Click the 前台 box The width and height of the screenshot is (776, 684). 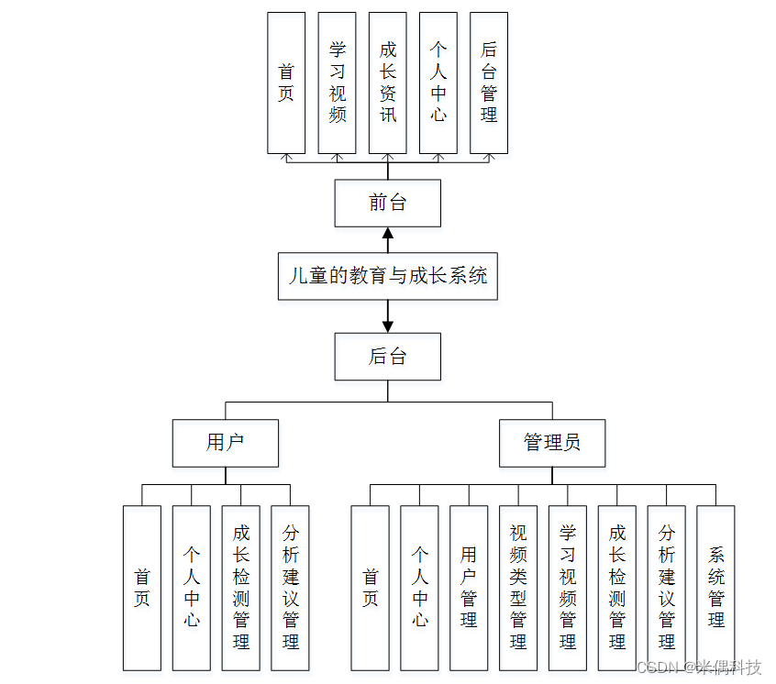coord(387,203)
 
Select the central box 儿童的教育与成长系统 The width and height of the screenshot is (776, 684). coord(387,276)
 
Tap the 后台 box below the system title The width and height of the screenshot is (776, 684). coord(387,356)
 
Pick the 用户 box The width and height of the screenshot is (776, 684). coord(226,443)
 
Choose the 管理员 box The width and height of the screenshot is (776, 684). coord(552,443)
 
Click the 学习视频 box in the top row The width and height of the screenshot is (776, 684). coord(337,83)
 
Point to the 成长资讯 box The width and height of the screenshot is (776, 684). coord(387,83)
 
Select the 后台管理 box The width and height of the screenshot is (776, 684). coord(488,83)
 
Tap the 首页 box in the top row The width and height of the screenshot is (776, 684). coord(286,83)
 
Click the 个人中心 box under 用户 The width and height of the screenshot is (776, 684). coord(192,587)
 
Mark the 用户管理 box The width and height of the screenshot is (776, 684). coord(469,587)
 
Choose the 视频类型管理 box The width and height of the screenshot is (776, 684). coord(518,587)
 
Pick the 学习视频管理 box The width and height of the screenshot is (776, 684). coord(568,587)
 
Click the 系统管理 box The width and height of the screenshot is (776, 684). coord(715,587)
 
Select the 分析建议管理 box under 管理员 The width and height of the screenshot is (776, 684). coord(666,587)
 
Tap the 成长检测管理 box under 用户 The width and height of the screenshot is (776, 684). coord(241,587)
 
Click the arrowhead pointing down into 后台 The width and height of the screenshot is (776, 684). coord(387,325)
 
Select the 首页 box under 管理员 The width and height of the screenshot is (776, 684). coord(370,587)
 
